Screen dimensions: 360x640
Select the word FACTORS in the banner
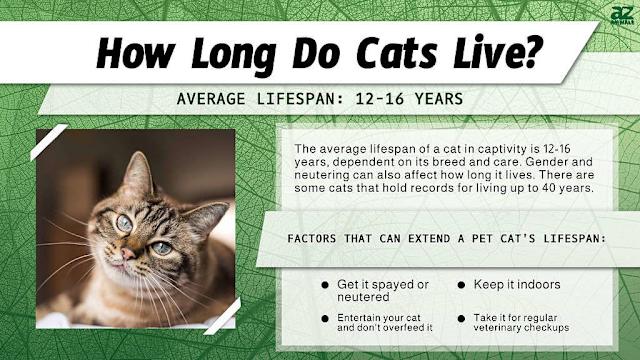(314, 241)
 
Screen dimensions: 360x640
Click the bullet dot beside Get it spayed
(325, 285)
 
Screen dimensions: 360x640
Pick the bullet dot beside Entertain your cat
(325, 318)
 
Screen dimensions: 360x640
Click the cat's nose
(123, 254)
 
